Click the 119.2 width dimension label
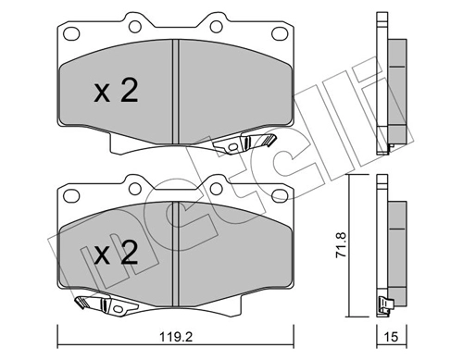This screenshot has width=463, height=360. click(176, 337)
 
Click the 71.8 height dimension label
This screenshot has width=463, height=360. click(342, 244)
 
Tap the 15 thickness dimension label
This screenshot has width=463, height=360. click(391, 337)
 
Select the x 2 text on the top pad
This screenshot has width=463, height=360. click(116, 91)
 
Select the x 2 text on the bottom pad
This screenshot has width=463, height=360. click(116, 253)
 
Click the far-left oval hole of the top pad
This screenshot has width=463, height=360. click(71, 33)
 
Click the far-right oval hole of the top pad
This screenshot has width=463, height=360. click(280, 33)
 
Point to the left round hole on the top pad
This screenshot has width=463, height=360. click(135, 27)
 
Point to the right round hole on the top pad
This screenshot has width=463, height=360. click(216, 27)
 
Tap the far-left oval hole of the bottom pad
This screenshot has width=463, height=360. click(71, 195)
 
